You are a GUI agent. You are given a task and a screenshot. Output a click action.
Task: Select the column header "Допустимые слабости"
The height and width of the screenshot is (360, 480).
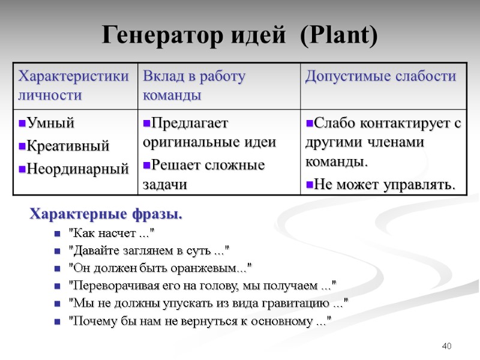(x=380, y=77)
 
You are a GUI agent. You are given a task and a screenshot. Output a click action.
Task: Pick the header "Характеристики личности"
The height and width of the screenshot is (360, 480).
(x=73, y=86)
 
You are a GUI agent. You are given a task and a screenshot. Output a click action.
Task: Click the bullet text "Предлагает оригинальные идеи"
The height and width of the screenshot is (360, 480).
(x=209, y=133)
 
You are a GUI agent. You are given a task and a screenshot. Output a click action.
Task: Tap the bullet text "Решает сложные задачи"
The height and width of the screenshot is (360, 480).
(x=204, y=175)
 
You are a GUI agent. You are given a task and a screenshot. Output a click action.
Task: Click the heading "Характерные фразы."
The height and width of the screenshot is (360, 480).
(x=107, y=214)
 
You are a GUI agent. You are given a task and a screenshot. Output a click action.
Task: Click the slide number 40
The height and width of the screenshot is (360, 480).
(x=446, y=346)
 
